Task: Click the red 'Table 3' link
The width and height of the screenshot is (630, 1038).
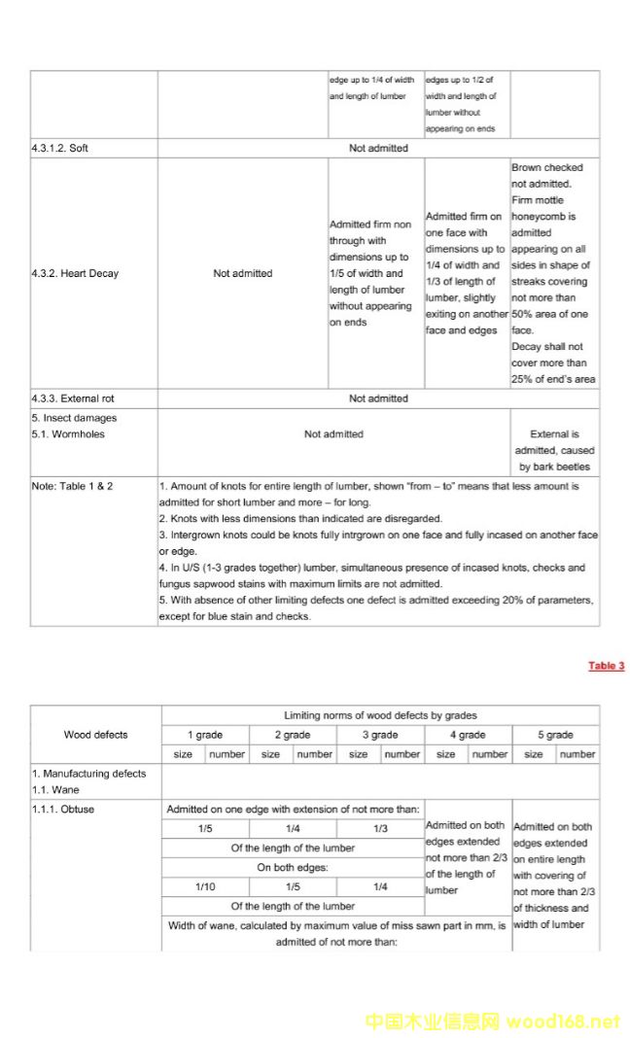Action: [x=606, y=666]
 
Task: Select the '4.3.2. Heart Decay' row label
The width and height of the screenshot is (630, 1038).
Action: [x=75, y=273]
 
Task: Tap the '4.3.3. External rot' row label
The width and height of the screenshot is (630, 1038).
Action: [x=79, y=398]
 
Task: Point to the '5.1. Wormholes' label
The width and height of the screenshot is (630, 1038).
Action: [x=67, y=434]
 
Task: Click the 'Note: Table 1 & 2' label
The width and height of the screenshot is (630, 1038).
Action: [x=72, y=486]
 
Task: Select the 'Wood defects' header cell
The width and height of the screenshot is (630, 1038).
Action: [x=95, y=735]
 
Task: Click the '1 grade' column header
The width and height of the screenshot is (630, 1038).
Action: [x=205, y=735]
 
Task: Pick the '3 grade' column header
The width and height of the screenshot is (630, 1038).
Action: [x=380, y=735]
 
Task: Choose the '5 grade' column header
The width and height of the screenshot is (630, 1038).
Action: [x=555, y=735]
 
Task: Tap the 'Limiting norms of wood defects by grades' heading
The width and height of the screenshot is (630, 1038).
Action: [x=380, y=715]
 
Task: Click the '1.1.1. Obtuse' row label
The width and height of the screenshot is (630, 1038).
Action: [x=63, y=809]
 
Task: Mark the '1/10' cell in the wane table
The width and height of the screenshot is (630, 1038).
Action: [x=205, y=887]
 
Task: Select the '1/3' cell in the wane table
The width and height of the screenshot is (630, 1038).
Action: [x=380, y=829]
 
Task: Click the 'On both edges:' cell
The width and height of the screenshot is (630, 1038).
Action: [x=292, y=868]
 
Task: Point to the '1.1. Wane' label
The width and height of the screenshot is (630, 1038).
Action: [x=55, y=790]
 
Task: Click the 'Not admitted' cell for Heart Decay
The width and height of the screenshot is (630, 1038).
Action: [x=242, y=273]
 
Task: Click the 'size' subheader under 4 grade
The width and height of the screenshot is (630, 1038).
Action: [x=445, y=754]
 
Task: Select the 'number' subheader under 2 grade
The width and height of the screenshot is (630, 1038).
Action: [x=314, y=754]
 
